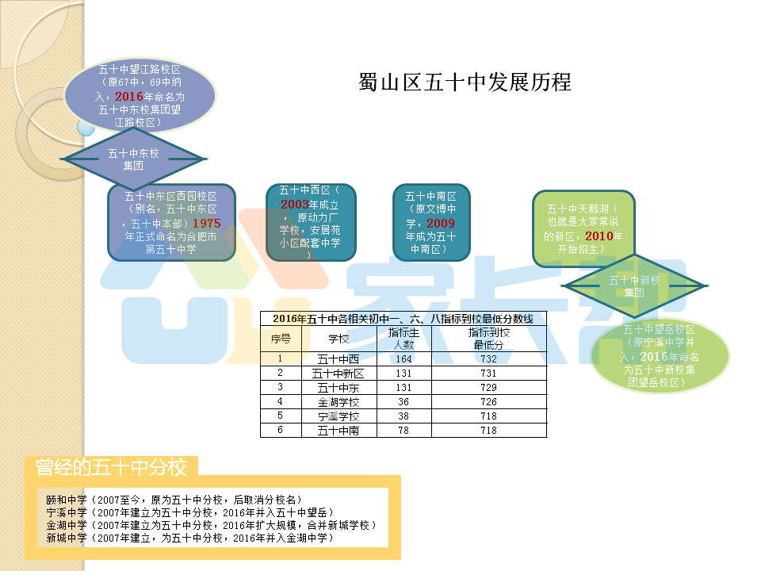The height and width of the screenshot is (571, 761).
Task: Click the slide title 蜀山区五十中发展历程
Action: [x=465, y=82]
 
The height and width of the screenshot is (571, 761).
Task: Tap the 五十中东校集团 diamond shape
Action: [x=133, y=159]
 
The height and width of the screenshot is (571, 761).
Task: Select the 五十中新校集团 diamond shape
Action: [x=634, y=285]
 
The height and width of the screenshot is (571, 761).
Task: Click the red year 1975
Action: [x=206, y=224]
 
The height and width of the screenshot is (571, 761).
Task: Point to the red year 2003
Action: [x=295, y=204]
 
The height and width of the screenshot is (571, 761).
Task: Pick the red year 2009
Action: [x=441, y=224]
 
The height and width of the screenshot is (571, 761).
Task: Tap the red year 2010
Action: [x=599, y=236]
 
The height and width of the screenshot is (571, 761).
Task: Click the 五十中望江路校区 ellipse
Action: [x=140, y=96]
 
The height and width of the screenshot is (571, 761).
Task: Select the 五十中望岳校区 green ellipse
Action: [x=660, y=355]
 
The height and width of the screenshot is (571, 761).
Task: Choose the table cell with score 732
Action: [x=488, y=358]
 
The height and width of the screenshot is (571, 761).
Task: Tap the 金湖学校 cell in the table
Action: [x=338, y=402]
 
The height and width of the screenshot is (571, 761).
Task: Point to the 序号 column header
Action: [x=281, y=339]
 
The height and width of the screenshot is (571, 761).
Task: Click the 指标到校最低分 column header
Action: [x=488, y=339]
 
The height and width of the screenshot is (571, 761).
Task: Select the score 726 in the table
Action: [x=488, y=402]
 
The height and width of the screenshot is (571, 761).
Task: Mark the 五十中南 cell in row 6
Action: [x=338, y=431]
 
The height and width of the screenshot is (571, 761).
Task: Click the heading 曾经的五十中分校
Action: [x=112, y=467]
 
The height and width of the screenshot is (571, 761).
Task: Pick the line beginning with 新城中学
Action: [x=190, y=538]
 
